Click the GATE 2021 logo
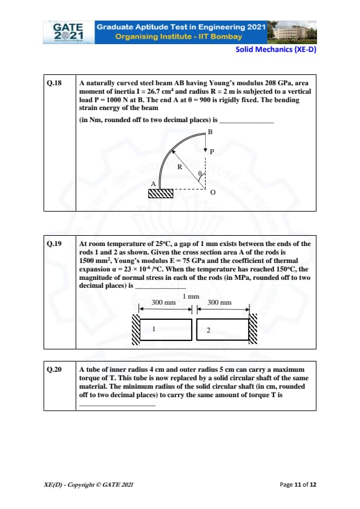(x=68, y=32)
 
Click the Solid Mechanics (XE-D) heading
(x=276, y=50)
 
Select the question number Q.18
(x=54, y=83)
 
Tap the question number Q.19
(x=54, y=244)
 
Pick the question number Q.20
(x=54, y=369)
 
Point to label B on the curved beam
(x=210, y=132)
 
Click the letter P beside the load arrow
(x=212, y=152)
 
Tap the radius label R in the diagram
(x=180, y=167)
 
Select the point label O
(x=213, y=192)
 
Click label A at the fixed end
(x=153, y=184)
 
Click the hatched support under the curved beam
(x=161, y=193)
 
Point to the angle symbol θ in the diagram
(x=200, y=173)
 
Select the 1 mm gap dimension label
(x=191, y=296)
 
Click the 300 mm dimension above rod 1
(x=163, y=302)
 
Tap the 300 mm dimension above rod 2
(x=219, y=302)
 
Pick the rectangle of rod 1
(x=166, y=329)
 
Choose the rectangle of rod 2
(x=223, y=329)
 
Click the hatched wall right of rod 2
(x=253, y=329)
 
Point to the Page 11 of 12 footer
(x=298, y=485)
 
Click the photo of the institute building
(x=292, y=32)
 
